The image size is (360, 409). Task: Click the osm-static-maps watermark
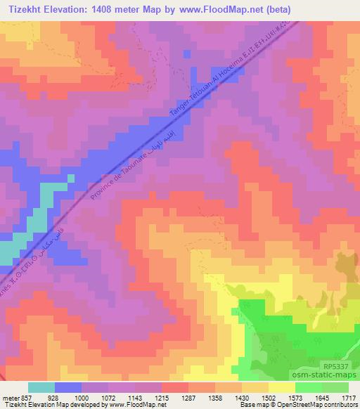[x=330, y=377]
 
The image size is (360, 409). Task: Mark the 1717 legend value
[x=349, y=398]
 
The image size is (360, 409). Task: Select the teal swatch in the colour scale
[x=41, y=387]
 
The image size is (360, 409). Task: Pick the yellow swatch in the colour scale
[x=282, y=387]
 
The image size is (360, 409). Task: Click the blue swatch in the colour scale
[x=68, y=387]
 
